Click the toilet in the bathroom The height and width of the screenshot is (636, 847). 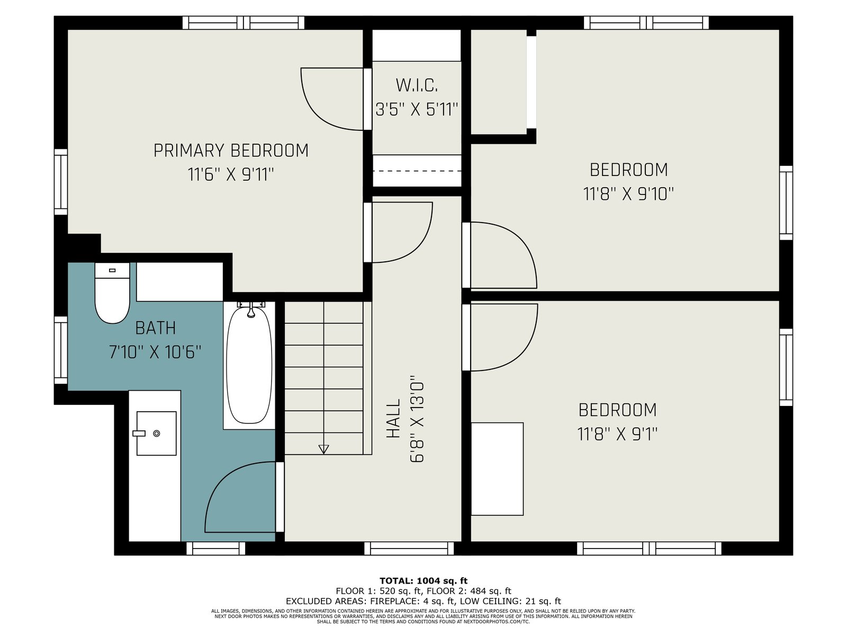pyautogui.click(x=112, y=293)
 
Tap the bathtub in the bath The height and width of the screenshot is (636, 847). pyautogui.click(x=249, y=365)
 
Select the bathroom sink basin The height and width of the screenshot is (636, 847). pyautogui.click(x=156, y=433)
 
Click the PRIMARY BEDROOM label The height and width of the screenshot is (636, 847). pyautogui.click(x=231, y=151)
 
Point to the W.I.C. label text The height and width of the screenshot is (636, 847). pyautogui.click(x=417, y=86)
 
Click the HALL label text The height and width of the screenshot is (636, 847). pyautogui.click(x=393, y=419)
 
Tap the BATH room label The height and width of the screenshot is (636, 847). pyautogui.click(x=156, y=328)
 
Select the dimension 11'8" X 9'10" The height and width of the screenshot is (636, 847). pyautogui.click(x=628, y=194)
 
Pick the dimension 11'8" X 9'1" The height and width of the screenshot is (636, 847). pyautogui.click(x=617, y=434)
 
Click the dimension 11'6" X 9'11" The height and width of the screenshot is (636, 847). pyautogui.click(x=231, y=174)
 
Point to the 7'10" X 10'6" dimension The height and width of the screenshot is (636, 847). pyautogui.click(x=155, y=352)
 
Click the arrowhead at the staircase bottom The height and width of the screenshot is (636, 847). pyautogui.click(x=323, y=449)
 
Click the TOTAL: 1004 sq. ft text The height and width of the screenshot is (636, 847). pyautogui.click(x=424, y=581)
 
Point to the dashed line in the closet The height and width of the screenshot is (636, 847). pyautogui.click(x=417, y=171)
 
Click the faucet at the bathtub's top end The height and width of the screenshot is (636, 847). pyautogui.click(x=251, y=309)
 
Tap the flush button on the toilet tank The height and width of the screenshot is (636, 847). pyautogui.click(x=112, y=270)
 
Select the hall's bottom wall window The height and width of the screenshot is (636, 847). pyautogui.click(x=409, y=549)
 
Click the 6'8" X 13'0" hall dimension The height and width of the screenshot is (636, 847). pyautogui.click(x=417, y=419)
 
